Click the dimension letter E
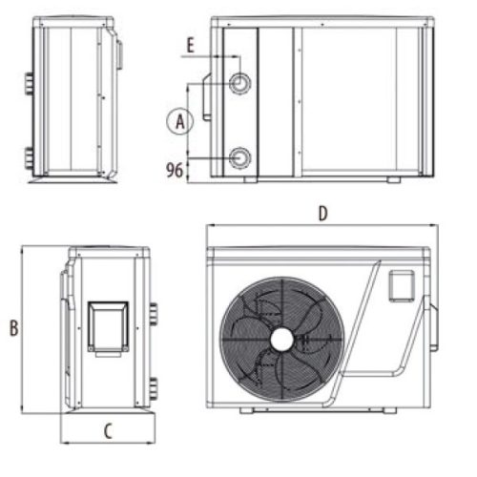pyautogui.click(x=190, y=44)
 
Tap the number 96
pyautogui.click(x=175, y=171)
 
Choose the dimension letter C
pyautogui.click(x=108, y=430)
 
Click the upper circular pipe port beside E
pyautogui.click(x=239, y=84)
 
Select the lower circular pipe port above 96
pyautogui.click(x=239, y=156)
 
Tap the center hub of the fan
pyautogui.click(x=281, y=339)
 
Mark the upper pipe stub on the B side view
pyautogui.click(x=153, y=313)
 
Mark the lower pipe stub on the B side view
pyautogui.click(x=153, y=388)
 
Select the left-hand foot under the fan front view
pyautogui.click(x=246, y=411)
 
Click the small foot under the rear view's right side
pyautogui.click(x=394, y=179)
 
